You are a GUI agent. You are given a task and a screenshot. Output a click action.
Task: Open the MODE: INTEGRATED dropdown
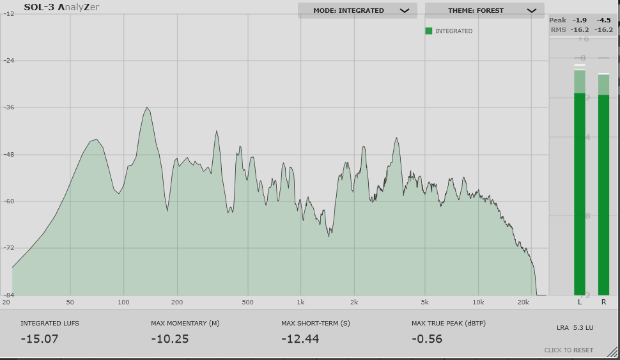[357, 10]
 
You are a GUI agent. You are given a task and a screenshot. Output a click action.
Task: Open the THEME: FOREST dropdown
[484, 10]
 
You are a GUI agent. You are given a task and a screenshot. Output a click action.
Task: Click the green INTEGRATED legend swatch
[429, 31]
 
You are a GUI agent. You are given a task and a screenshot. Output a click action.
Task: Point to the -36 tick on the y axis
[10, 107]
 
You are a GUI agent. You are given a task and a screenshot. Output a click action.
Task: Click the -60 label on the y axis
[10, 201]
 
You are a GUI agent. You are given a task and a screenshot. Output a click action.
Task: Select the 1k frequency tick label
[300, 302]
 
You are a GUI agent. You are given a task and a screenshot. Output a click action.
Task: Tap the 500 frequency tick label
[248, 302]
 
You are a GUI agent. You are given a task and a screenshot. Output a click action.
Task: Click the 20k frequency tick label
[524, 302]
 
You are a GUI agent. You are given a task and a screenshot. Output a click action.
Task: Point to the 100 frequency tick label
[123, 302]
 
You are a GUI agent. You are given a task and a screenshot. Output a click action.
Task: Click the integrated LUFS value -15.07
[40, 339]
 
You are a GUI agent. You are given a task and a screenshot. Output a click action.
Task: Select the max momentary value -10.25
[170, 339]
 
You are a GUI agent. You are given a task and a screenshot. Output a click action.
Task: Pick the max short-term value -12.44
[300, 339]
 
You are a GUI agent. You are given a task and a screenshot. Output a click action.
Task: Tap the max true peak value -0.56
[427, 339]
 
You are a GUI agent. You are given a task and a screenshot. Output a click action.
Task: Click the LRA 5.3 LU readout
[575, 328]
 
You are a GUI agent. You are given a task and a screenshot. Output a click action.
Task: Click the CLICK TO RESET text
[569, 350]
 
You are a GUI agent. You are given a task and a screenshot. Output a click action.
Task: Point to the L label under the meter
[580, 301]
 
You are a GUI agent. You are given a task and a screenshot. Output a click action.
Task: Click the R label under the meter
[603, 301]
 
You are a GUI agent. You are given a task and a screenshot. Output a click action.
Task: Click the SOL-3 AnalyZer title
[61, 8]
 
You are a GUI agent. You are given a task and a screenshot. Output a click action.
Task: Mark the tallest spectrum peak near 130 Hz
[147, 107]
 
